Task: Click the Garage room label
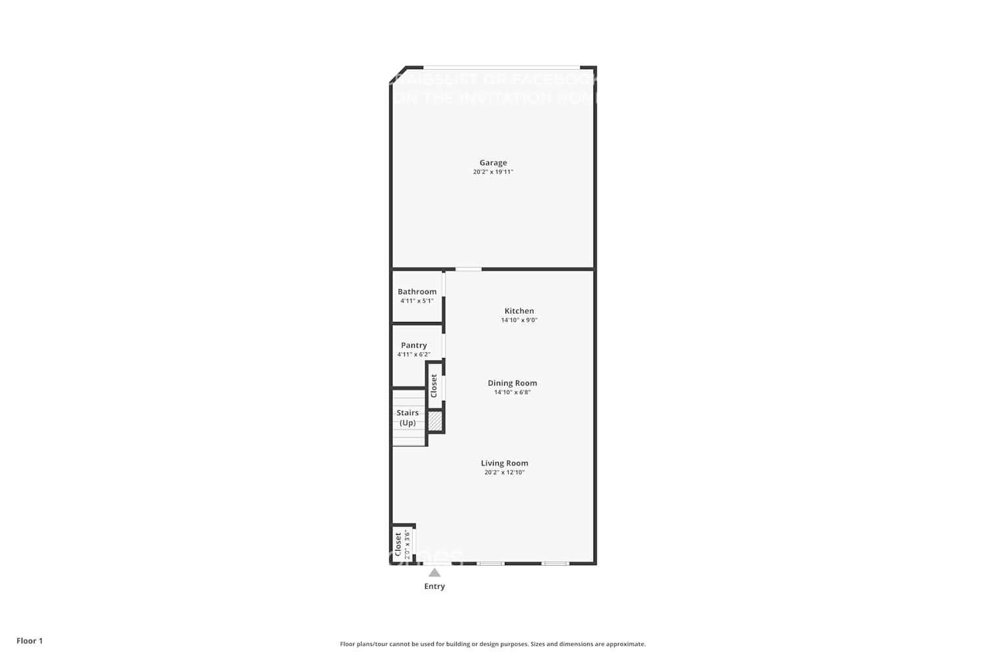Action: [493, 162]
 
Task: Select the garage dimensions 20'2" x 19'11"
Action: [493, 172]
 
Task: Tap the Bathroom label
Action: [417, 292]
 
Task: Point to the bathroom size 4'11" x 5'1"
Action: [417, 301]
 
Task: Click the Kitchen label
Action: [519, 311]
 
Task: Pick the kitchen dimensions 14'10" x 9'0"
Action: [519, 321]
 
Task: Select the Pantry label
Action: [414, 345]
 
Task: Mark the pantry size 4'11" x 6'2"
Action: [414, 355]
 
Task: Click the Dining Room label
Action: [512, 383]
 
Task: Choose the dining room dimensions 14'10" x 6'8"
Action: [512, 392]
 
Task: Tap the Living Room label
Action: [504, 463]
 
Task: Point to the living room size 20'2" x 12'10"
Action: [504, 472]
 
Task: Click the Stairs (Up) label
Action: [408, 418]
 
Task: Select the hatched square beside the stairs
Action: [434, 420]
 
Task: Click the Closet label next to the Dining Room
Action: [434, 386]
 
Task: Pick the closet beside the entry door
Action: [402, 544]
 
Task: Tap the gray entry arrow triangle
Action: [434, 573]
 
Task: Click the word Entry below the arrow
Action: [434, 587]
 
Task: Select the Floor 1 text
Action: [30, 641]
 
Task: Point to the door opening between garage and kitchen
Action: [468, 269]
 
